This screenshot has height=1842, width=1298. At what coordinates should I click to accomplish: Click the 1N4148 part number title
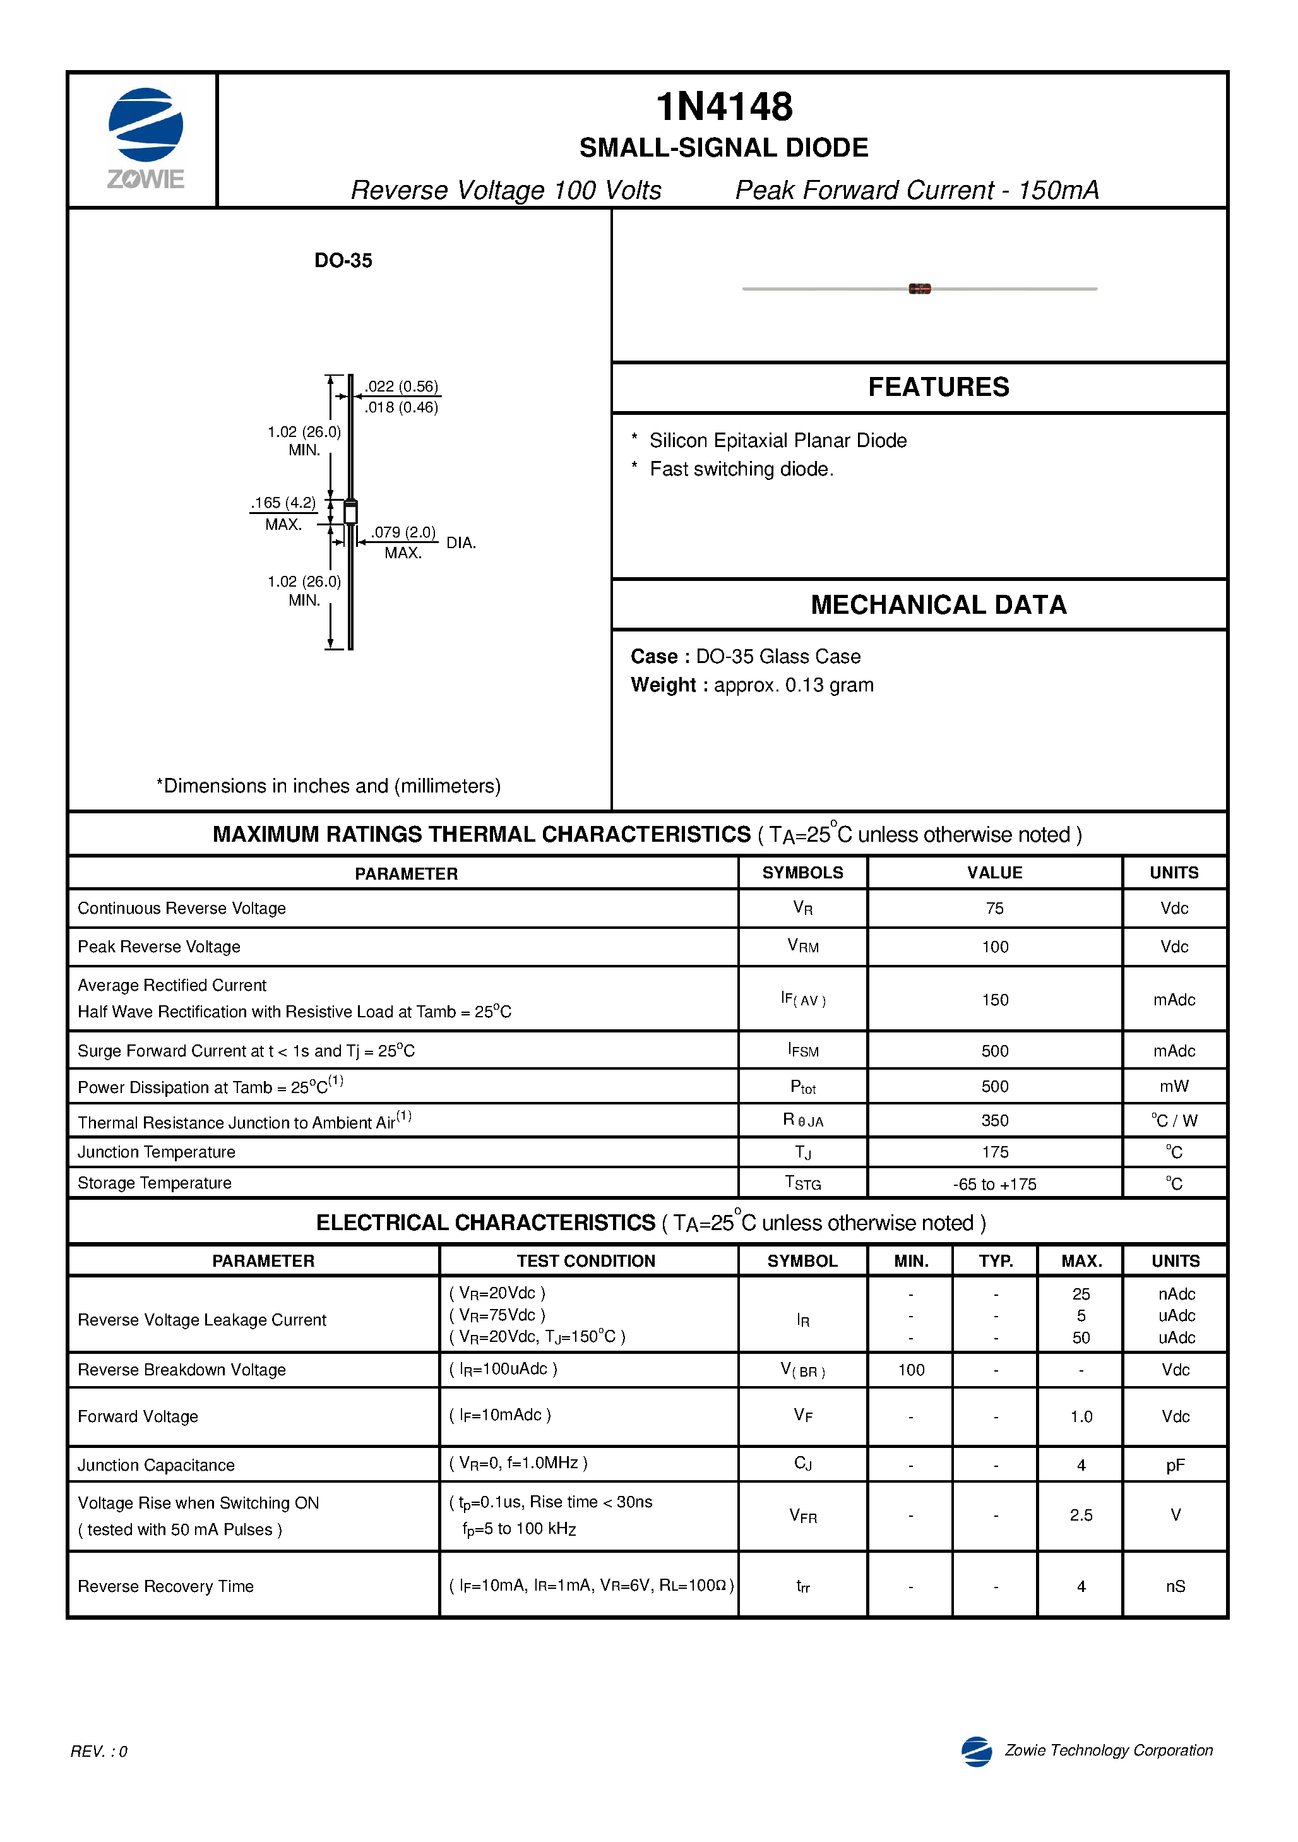pos(723,107)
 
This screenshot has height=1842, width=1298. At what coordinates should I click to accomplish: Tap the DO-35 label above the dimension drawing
pos(343,261)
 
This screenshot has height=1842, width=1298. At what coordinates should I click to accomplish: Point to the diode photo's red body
pos(919,289)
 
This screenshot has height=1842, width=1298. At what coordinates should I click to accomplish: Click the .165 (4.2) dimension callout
pos(283,503)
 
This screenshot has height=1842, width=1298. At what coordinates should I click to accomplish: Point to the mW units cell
pos(1174,1086)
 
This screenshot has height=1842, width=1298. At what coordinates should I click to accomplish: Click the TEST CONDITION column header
pos(586,1260)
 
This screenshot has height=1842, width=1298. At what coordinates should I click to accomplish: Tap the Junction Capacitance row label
pos(157,1465)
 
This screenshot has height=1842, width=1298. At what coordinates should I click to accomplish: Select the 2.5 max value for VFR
pos(1081,1515)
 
